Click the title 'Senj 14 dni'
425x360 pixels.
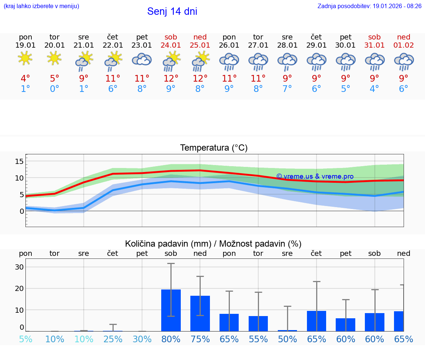(172, 11)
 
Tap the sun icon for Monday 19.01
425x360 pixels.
(25, 58)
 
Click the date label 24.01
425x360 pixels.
(171, 45)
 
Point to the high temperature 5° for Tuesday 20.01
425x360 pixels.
(55, 79)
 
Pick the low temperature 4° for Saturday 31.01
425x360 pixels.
(374, 89)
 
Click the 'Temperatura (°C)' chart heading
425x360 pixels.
(214, 148)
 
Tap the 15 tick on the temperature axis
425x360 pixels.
(19, 161)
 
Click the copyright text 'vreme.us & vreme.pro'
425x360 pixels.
(315, 176)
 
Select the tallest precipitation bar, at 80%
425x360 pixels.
(171, 310)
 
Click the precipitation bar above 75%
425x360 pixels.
(200, 313)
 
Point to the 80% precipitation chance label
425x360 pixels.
(171, 339)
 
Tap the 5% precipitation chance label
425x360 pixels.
(25, 339)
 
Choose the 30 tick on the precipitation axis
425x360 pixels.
(19, 267)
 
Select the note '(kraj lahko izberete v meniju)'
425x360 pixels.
(41, 6)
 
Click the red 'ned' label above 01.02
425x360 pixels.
(404, 37)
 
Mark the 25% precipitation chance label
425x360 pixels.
(113, 339)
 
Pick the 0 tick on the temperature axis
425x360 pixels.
(21, 211)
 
